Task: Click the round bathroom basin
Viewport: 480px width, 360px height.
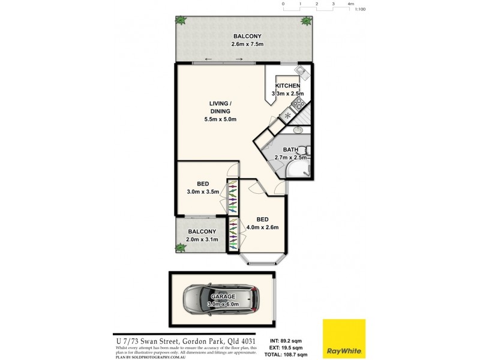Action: [298, 130]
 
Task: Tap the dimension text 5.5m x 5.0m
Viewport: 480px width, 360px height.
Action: [220, 119]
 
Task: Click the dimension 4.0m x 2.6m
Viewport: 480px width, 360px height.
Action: [262, 227]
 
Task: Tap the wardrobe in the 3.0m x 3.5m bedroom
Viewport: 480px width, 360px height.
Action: [232, 196]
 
